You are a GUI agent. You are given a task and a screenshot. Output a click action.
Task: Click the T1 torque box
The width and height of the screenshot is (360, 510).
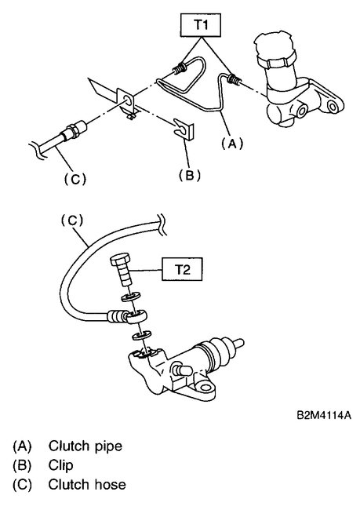point(199,26)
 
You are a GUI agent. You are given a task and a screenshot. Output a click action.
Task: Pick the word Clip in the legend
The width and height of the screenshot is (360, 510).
point(61,464)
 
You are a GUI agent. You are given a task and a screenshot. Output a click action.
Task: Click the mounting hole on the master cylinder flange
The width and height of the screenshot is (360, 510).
point(333,104)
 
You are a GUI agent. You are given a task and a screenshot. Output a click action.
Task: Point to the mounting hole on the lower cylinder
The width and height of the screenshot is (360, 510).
point(209,385)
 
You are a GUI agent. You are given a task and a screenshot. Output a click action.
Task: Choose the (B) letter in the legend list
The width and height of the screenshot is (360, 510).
point(22,464)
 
